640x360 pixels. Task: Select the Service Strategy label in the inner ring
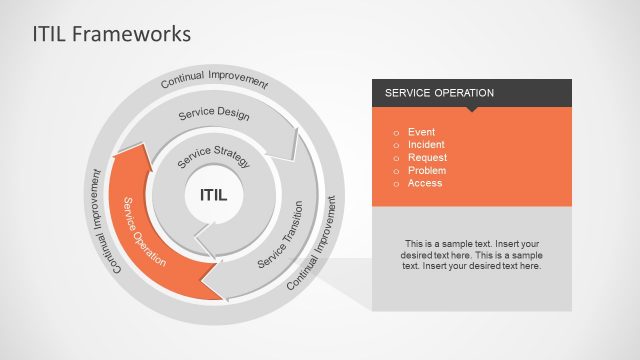213,156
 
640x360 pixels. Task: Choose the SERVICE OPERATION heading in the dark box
434,93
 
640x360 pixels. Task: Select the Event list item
421,132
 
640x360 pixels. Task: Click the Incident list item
426,145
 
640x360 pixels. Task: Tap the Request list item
427,158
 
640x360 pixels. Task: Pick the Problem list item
426,171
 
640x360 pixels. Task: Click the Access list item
424,184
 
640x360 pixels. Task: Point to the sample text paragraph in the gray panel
472,255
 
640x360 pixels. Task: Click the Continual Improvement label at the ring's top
214,80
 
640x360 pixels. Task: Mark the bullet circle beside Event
396,132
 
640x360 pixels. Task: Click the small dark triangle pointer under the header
471,109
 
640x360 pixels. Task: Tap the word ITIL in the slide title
52,34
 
